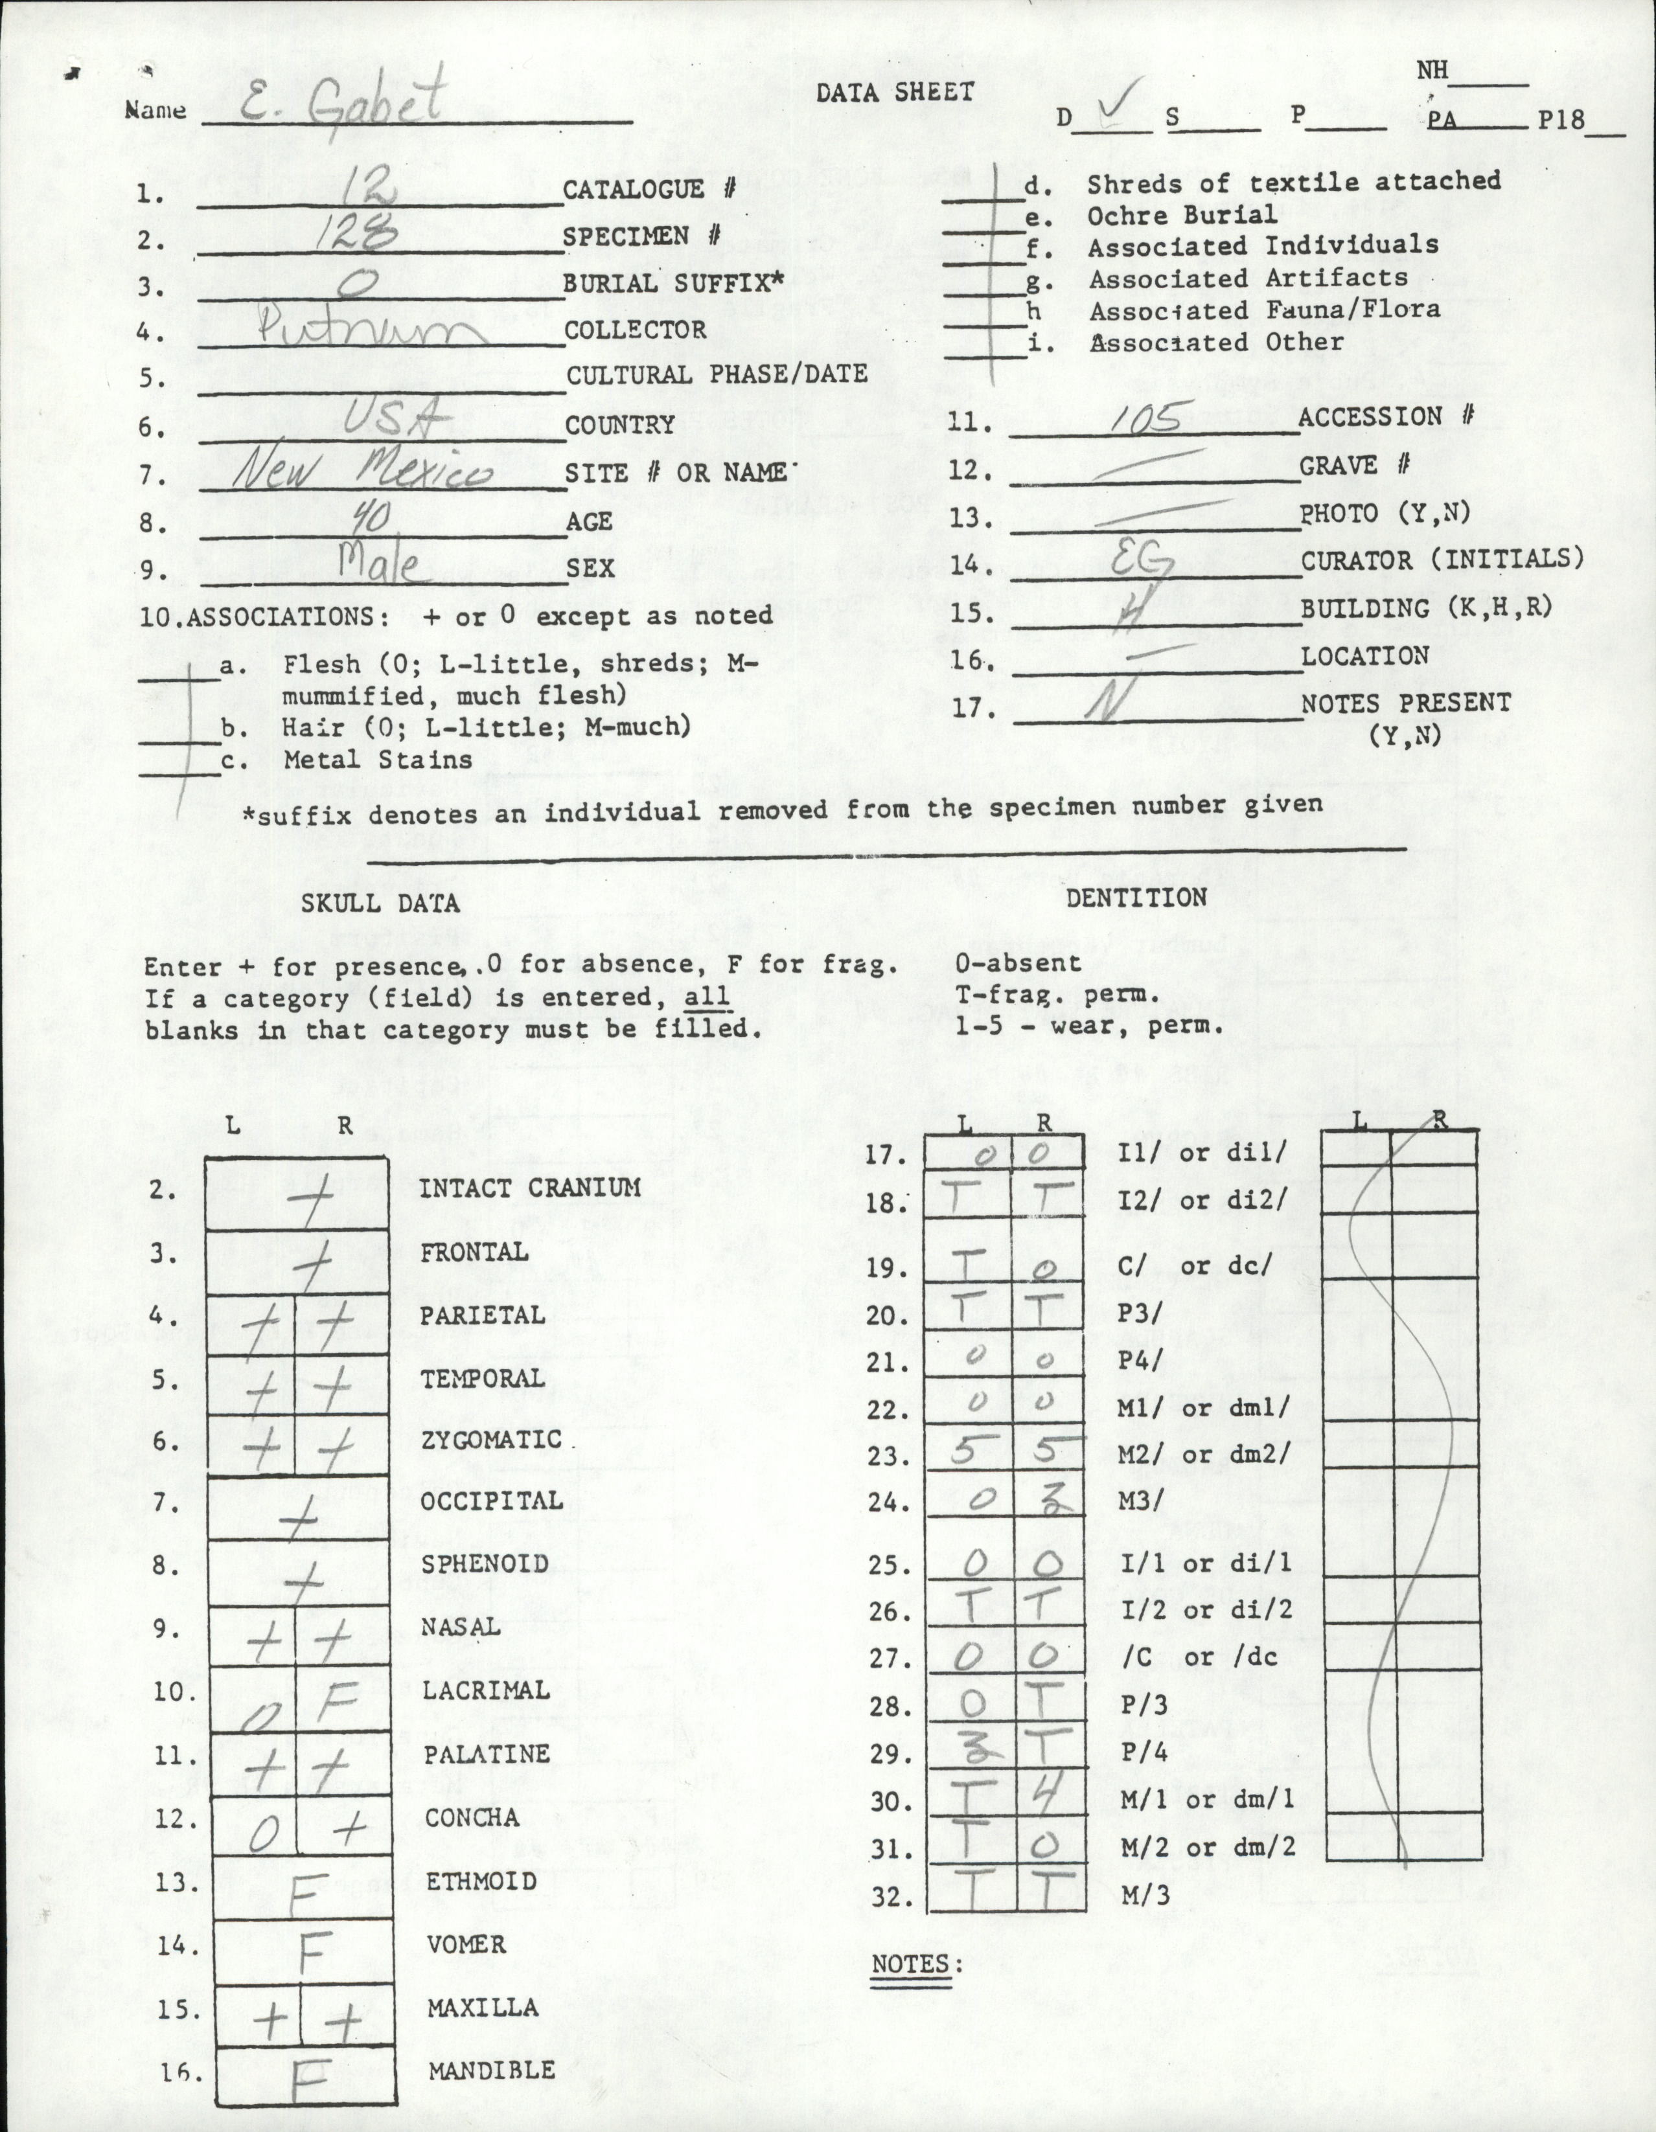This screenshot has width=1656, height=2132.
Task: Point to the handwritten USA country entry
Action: [393, 420]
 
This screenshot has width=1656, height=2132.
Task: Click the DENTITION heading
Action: [1136, 897]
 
